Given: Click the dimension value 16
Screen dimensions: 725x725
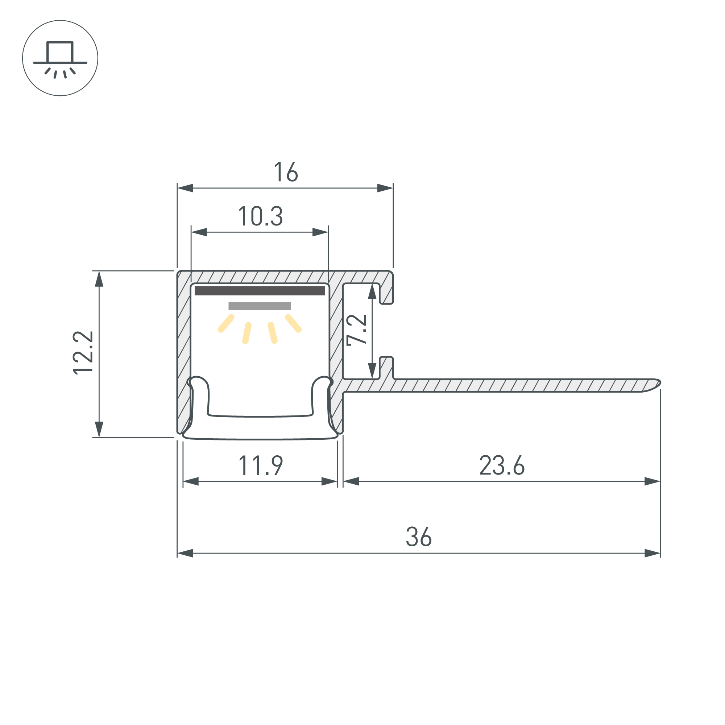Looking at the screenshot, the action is point(286,172).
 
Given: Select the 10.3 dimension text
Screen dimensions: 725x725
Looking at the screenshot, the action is point(260,216).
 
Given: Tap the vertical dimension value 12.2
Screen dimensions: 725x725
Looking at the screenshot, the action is point(83,353).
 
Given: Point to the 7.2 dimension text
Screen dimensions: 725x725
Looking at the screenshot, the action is point(356,330).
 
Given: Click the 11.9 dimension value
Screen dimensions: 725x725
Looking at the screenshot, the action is point(261,465).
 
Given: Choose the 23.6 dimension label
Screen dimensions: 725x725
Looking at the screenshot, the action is point(502,465).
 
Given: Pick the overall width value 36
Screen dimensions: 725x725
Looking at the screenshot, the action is point(419,537).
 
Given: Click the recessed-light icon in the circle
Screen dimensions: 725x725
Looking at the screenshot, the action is point(60,59).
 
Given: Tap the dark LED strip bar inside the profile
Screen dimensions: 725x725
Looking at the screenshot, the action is point(260,291).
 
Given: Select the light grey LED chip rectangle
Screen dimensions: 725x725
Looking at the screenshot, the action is point(260,306).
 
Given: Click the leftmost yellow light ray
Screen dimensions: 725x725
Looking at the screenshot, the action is point(226,323).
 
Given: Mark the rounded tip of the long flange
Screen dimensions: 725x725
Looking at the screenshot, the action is point(659,383).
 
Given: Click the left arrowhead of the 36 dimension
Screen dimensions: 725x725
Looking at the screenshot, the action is point(185,553).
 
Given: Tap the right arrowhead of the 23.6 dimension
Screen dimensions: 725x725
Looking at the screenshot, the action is point(652,481).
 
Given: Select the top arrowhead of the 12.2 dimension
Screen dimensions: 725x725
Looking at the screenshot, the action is point(99,279).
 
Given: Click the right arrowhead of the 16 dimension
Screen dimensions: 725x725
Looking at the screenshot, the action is point(385,188).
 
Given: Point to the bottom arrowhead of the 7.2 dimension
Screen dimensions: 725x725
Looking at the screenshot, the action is point(372,371).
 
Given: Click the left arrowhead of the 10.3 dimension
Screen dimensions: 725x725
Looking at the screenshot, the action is point(199,232).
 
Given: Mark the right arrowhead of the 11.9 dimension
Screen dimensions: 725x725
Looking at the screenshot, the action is point(330,481).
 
